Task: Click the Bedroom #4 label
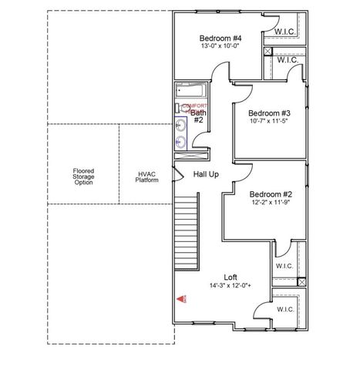[x=221, y=39]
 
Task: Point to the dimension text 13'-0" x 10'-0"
[x=221, y=47]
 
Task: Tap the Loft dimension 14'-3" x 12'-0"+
[x=230, y=285]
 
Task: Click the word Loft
[x=230, y=277]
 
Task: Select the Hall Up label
[x=206, y=174]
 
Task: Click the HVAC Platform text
[x=147, y=177]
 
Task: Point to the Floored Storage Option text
[x=83, y=177]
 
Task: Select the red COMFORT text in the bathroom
[x=194, y=106]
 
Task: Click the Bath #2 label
[x=198, y=116]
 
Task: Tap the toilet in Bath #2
[x=180, y=107]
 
